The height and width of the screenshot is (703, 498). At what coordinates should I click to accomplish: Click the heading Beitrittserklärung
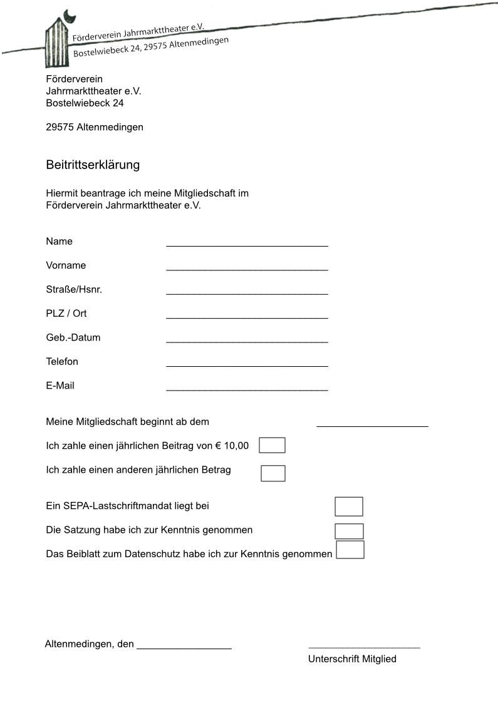pos(93,165)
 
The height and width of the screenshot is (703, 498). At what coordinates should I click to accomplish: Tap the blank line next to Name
pos(247,245)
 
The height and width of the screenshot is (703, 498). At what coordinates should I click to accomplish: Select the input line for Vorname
pos(247,269)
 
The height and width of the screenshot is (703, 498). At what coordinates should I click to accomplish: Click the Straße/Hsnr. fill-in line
pos(247,292)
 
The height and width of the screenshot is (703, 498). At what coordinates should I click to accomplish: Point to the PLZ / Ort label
pos(66,313)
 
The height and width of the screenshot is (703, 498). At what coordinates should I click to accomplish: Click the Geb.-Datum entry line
pos(247,341)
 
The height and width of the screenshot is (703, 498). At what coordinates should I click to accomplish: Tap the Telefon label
pos(62,361)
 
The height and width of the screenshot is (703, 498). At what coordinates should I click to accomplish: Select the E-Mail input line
pos(247,389)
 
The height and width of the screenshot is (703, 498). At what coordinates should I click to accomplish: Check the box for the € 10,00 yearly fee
pos(272,445)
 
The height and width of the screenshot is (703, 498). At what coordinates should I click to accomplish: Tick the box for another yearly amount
pos(273,473)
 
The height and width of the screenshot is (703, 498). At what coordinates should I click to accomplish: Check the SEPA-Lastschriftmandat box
pos(349,506)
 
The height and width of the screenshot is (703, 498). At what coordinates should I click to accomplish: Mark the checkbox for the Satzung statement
pos(349,531)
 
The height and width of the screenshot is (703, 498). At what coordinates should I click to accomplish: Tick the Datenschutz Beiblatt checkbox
pos(350,550)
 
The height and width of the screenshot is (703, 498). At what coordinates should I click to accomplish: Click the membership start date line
pos(372,425)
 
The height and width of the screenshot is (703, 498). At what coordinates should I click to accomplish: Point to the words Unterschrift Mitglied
pos(352,659)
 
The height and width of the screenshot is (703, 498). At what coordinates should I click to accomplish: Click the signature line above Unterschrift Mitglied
pos(364,647)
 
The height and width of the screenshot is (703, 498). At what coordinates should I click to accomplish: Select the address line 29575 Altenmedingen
pos(95,127)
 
